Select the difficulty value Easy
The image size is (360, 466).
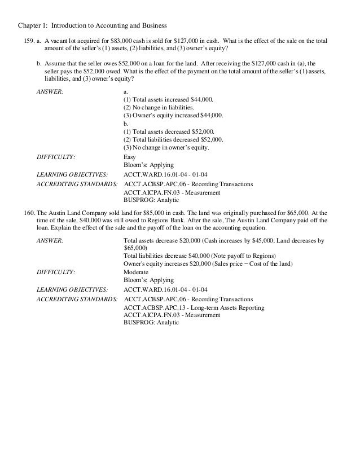[x=129, y=157]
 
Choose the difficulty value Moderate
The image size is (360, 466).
[x=135, y=271]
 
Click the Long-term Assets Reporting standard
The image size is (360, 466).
[x=219, y=306]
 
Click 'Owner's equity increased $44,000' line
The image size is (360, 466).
[x=173, y=115]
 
